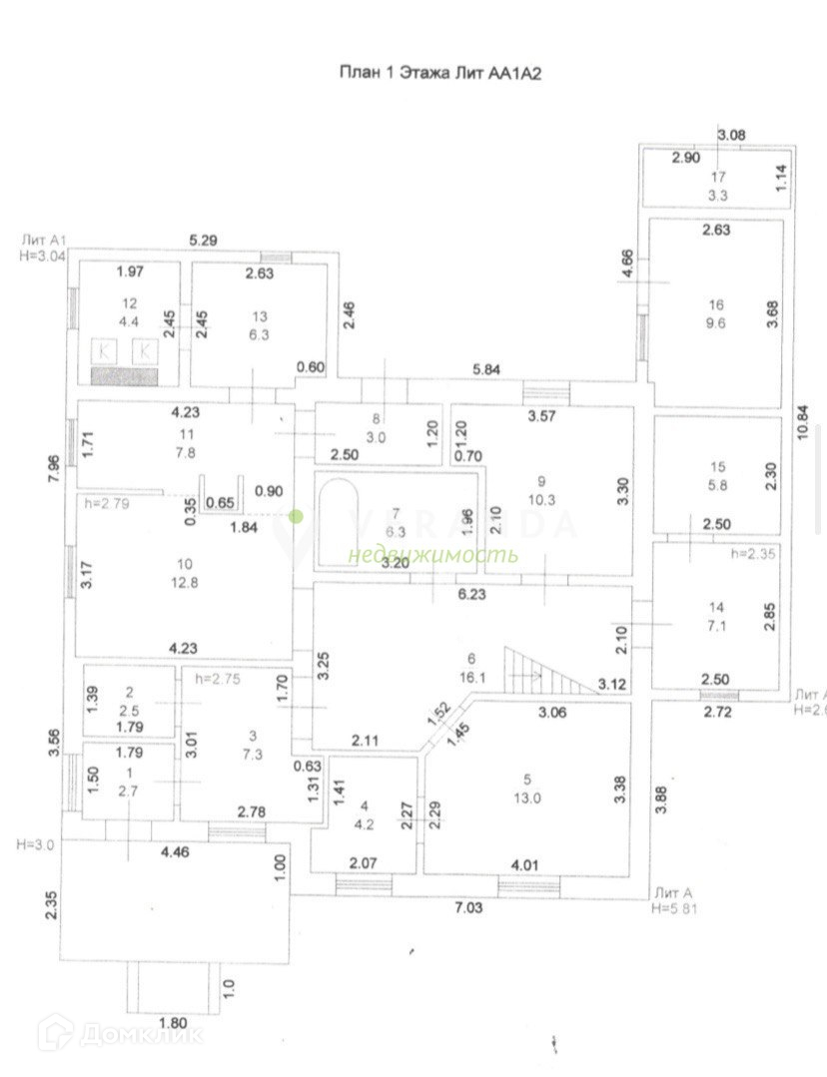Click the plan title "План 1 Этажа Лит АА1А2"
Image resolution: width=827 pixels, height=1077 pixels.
441,73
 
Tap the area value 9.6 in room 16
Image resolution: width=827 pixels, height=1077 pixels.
715,322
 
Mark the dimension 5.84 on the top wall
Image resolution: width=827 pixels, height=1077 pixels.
487,369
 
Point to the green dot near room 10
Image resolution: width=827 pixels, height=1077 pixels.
296,516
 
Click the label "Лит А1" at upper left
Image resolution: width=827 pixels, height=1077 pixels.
43,241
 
